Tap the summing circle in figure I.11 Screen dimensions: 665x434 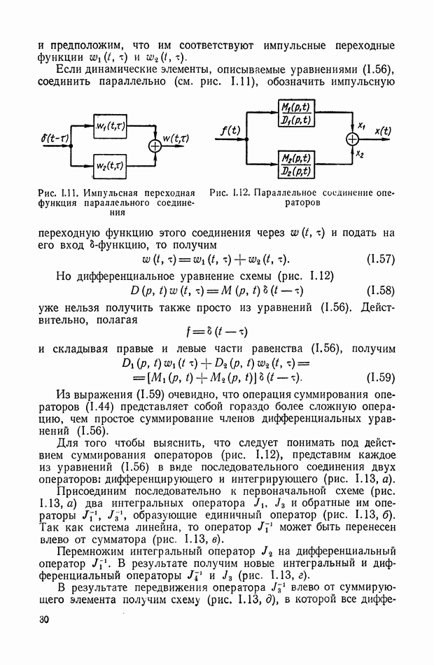153,146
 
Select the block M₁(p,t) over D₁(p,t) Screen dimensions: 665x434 295,114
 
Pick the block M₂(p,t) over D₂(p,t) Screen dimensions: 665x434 295,164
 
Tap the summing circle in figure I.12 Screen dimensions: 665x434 351,139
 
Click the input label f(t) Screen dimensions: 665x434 229,130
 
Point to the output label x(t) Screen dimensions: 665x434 383,130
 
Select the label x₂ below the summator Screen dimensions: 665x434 361,153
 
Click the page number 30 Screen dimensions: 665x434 47,619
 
